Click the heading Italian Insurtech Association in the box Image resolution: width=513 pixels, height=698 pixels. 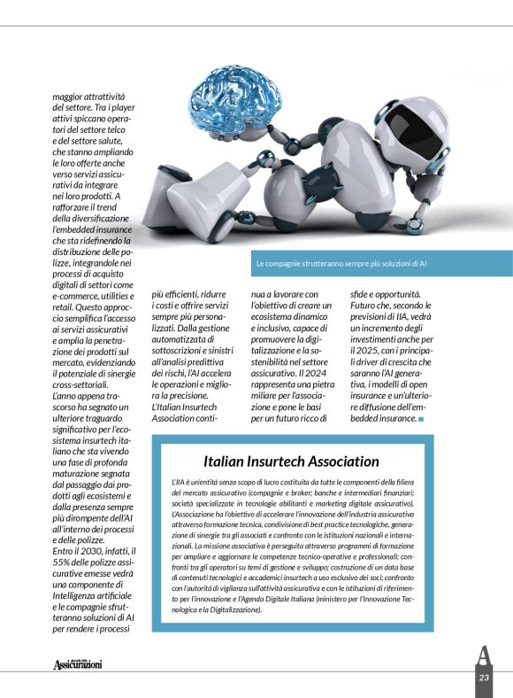291,461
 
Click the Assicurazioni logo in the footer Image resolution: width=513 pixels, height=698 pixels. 78,663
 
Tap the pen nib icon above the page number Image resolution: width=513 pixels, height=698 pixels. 483,655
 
